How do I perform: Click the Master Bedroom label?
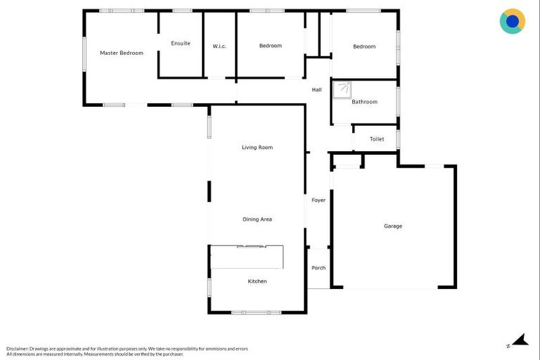pyautogui.click(x=122, y=53)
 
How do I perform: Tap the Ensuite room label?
pyautogui.click(x=181, y=44)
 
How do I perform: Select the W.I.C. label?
pyautogui.click(x=219, y=46)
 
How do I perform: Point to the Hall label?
pyautogui.click(x=316, y=89)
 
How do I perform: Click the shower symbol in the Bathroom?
pyautogui.click(x=343, y=89)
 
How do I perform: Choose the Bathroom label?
pyautogui.click(x=364, y=102)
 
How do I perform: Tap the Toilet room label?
pyautogui.click(x=377, y=139)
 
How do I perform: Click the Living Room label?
pyautogui.click(x=257, y=148)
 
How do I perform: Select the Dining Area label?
pyautogui.click(x=257, y=219)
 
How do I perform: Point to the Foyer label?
pyautogui.click(x=319, y=200)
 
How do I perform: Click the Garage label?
pyautogui.click(x=393, y=226)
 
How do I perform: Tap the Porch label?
pyautogui.click(x=319, y=268)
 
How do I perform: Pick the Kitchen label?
pyautogui.click(x=257, y=281)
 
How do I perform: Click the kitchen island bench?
pyautogui.click(x=247, y=257)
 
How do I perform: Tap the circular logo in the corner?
pyautogui.click(x=513, y=21)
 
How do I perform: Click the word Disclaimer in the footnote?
pyautogui.click(x=18, y=349)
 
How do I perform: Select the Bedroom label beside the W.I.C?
pyautogui.click(x=271, y=46)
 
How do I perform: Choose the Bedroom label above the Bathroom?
pyautogui.click(x=364, y=46)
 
